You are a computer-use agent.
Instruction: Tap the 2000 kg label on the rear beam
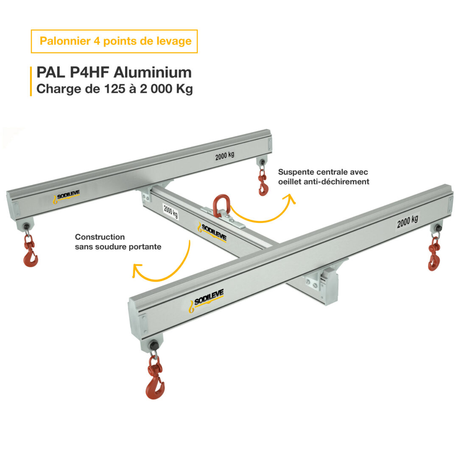[224, 156]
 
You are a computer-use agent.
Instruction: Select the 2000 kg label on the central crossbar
[170, 211]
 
